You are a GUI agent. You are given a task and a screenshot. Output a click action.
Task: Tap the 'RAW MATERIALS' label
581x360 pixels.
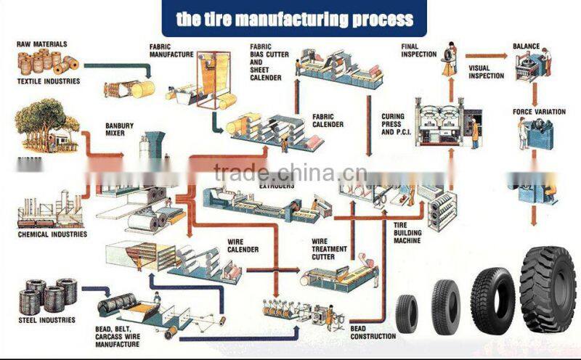tap(38, 44)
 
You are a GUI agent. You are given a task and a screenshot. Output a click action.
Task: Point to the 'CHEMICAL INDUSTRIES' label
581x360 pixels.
tap(52, 234)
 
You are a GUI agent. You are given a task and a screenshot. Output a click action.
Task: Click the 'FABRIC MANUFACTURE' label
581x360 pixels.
tap(171, 49)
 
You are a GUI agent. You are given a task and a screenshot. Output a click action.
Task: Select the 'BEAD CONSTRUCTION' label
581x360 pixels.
tap(372, 332)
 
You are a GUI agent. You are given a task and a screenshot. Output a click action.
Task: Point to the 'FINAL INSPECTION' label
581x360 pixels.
tap(419, 50)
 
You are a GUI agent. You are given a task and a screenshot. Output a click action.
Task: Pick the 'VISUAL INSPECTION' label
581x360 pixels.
tap(486, 72)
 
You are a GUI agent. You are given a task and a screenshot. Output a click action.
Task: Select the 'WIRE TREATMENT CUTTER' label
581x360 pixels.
tap(329, 248)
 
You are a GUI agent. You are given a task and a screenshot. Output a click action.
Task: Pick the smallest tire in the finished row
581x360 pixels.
tap(407, 311)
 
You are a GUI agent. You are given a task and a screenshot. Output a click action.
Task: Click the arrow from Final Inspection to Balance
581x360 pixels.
tap(485, 55)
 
